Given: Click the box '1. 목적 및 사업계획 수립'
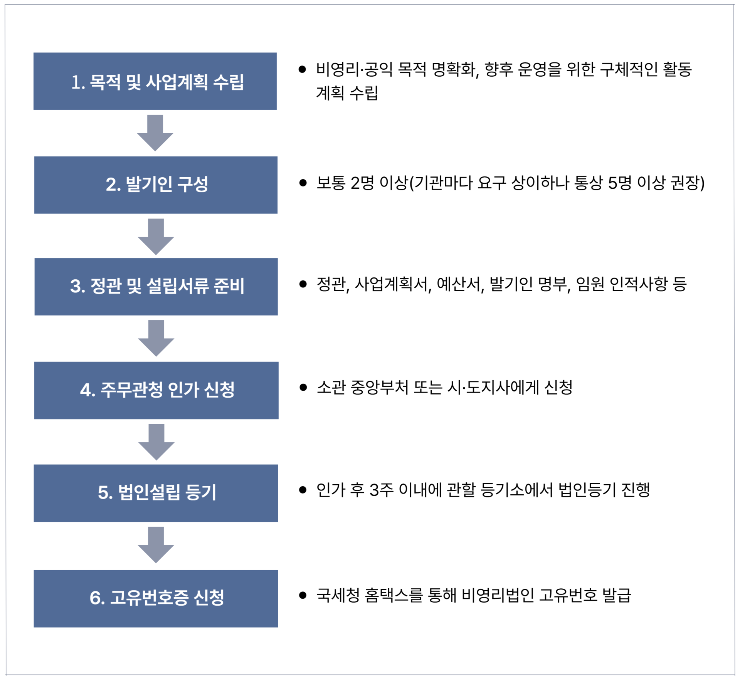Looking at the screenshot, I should point(155,81).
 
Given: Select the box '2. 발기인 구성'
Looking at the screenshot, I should point(156,185).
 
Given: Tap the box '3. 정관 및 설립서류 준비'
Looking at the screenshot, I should point(156,287).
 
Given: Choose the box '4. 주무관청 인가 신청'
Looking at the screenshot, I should point(156,390).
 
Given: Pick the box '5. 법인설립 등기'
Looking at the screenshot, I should point(156,493).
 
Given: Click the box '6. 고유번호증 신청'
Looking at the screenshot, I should point(156,598).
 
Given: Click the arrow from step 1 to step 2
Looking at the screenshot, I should point(155,133).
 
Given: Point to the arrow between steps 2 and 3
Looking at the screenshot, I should point(156,236).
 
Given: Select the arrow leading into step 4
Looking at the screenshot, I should point(156,338).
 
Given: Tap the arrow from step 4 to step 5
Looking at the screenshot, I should point(156,442).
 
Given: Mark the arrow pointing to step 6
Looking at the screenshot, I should point(156,544).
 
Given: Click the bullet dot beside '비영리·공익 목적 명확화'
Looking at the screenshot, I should point(302,69).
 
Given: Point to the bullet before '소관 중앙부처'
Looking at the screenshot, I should point(303,387).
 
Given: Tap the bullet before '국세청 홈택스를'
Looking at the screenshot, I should point(303,595).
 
